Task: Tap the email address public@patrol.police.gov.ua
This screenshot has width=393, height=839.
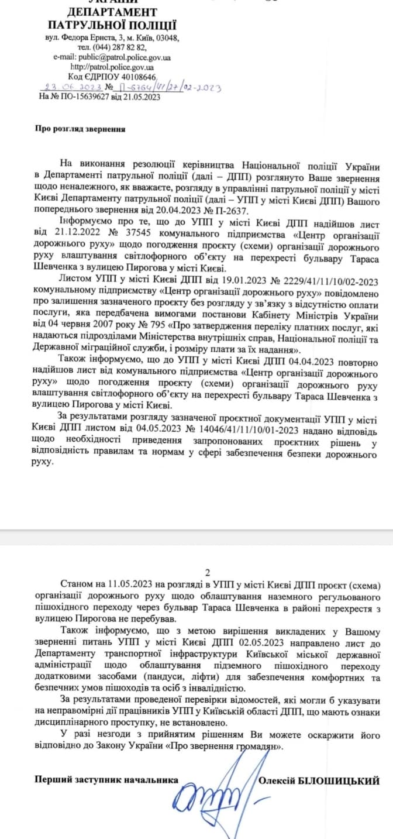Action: point(128,57)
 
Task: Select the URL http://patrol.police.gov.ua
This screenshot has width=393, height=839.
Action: point(112,67)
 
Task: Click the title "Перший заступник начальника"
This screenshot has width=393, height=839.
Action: point(106,780)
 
